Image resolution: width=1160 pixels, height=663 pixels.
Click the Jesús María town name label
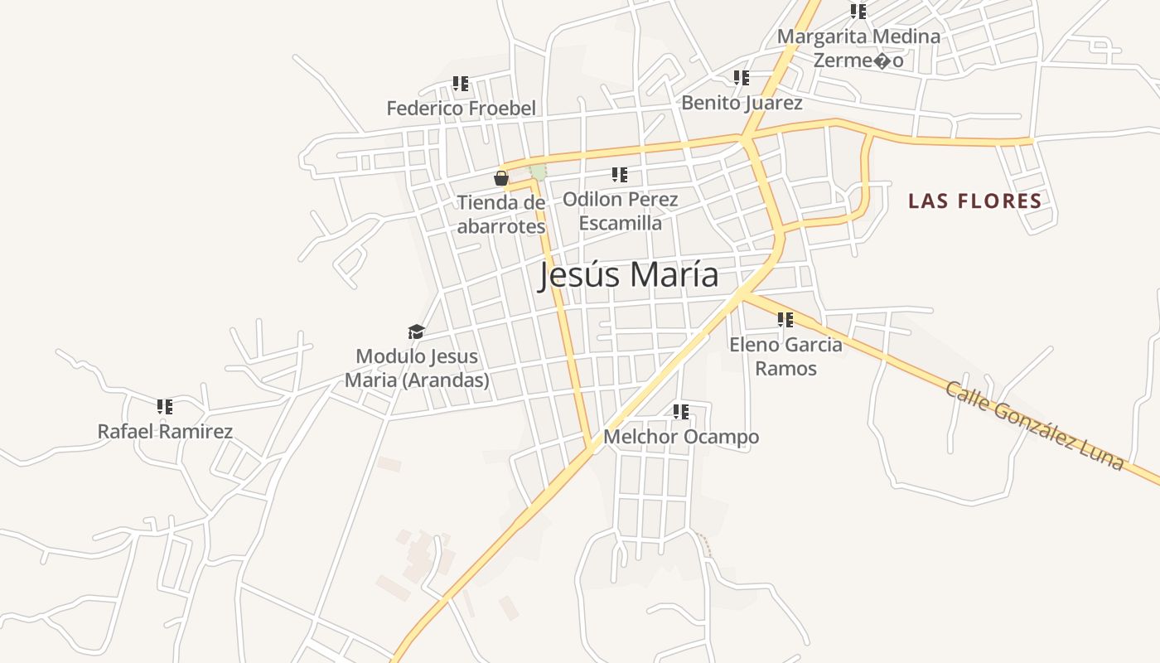point(628,274)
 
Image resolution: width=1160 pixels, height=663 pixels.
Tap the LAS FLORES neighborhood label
point(974,201)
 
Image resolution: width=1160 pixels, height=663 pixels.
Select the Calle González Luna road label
point(1034,426)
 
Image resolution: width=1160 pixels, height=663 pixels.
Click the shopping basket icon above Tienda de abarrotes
point(501,178)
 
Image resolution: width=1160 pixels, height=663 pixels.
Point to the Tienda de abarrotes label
point(501,215)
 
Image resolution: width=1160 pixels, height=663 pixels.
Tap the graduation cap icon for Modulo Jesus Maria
point(416,332)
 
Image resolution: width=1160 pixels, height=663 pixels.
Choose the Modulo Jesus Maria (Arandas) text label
point(417,368)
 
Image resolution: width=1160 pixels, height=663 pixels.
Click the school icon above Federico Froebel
point(461,84)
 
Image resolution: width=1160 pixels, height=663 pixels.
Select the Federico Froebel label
point(461,108)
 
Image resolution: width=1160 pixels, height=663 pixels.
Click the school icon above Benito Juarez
point(742,78)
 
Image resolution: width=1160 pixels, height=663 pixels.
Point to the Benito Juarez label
point(742,103)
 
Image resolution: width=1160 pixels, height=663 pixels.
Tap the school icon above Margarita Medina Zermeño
point(858,12)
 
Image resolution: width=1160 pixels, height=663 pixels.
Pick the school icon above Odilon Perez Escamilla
point(620,175)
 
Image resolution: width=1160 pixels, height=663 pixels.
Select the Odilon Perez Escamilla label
point(620,211)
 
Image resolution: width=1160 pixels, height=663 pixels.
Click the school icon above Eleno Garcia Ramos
point(785,320)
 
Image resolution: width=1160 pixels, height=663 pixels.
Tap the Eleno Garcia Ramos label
point(785,356)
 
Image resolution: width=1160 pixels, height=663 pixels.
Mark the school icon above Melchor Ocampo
point(681,412)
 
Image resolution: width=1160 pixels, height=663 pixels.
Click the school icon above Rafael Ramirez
point(165,407)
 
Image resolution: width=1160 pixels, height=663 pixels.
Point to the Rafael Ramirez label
point(165,431)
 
